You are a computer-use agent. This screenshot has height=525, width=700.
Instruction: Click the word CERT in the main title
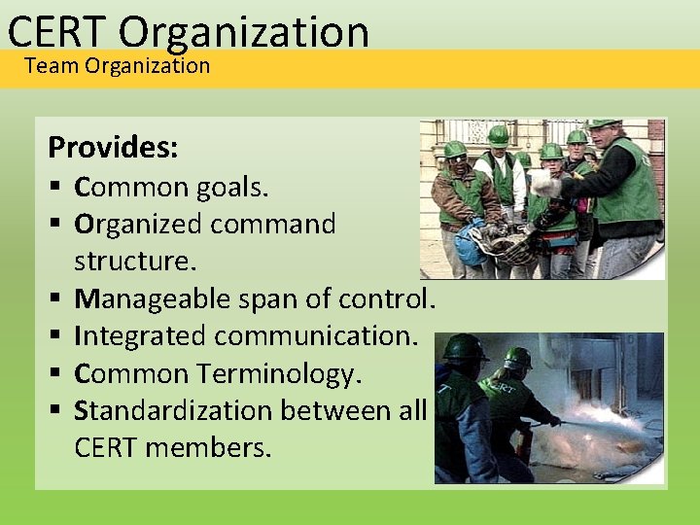tap(56, 31)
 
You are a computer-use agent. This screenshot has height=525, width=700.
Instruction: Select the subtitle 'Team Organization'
tap(117, 66)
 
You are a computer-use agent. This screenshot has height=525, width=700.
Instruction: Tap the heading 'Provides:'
tap(113, 148)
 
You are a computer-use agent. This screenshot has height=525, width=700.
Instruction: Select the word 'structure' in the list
tap(131, 262)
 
